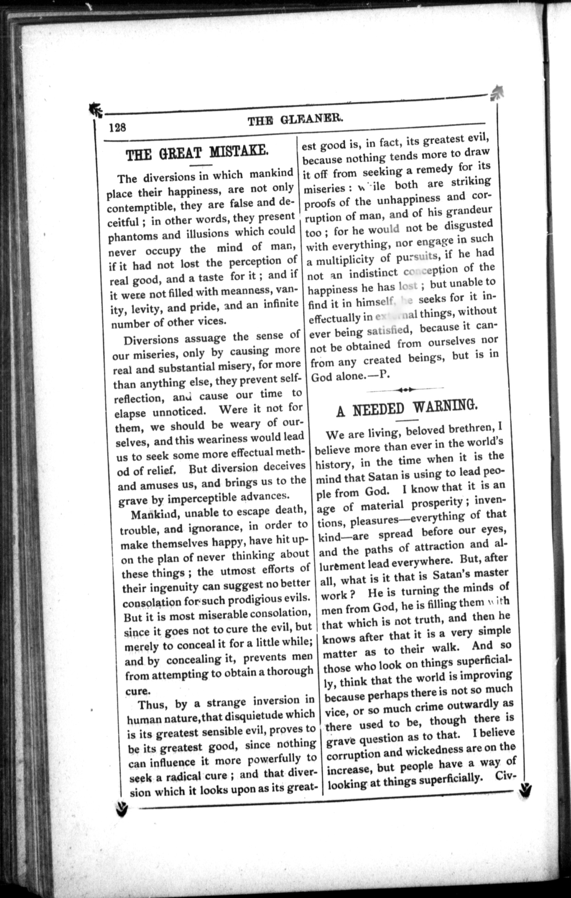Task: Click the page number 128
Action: [118, 128]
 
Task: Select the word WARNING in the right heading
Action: [445, 406]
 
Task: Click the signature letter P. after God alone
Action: [384, 375]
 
